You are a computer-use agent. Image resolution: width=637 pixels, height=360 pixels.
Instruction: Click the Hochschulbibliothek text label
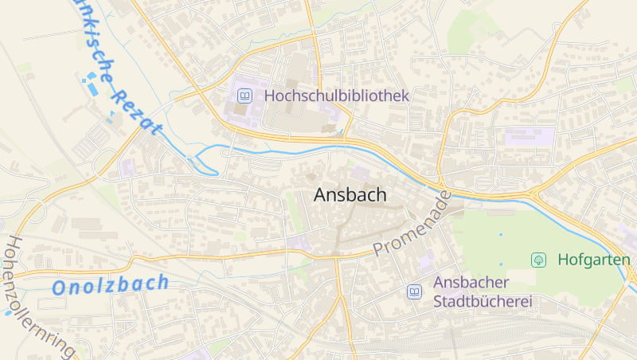click(x=336, y=96)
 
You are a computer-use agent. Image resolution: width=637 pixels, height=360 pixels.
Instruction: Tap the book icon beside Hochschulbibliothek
click(x=245, y=96)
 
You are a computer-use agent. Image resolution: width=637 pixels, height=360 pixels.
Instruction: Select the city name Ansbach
click(x=350, y=194)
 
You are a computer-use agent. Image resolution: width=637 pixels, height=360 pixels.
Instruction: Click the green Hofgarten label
click(x=594, y=260)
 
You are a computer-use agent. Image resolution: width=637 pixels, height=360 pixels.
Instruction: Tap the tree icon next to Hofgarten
click(x=539, y=260)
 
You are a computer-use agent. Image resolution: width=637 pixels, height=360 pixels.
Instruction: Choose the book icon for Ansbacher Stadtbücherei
click(x=414, y=292)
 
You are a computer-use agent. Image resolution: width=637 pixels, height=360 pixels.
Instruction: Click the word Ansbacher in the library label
click(x=471, y=283)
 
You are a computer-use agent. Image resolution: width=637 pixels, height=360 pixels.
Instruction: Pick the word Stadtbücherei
click(x=482, y=302)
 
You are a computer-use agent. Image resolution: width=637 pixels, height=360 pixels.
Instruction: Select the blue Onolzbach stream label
click(x=111, y=284)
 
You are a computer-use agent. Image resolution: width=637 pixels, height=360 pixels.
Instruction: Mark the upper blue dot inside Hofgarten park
click(x=501, y=235)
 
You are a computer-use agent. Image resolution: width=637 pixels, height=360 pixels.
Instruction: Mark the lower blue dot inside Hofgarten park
click(x=501, y=264)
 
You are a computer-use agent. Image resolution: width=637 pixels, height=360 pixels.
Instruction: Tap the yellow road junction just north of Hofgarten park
click(x=531, y=194)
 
